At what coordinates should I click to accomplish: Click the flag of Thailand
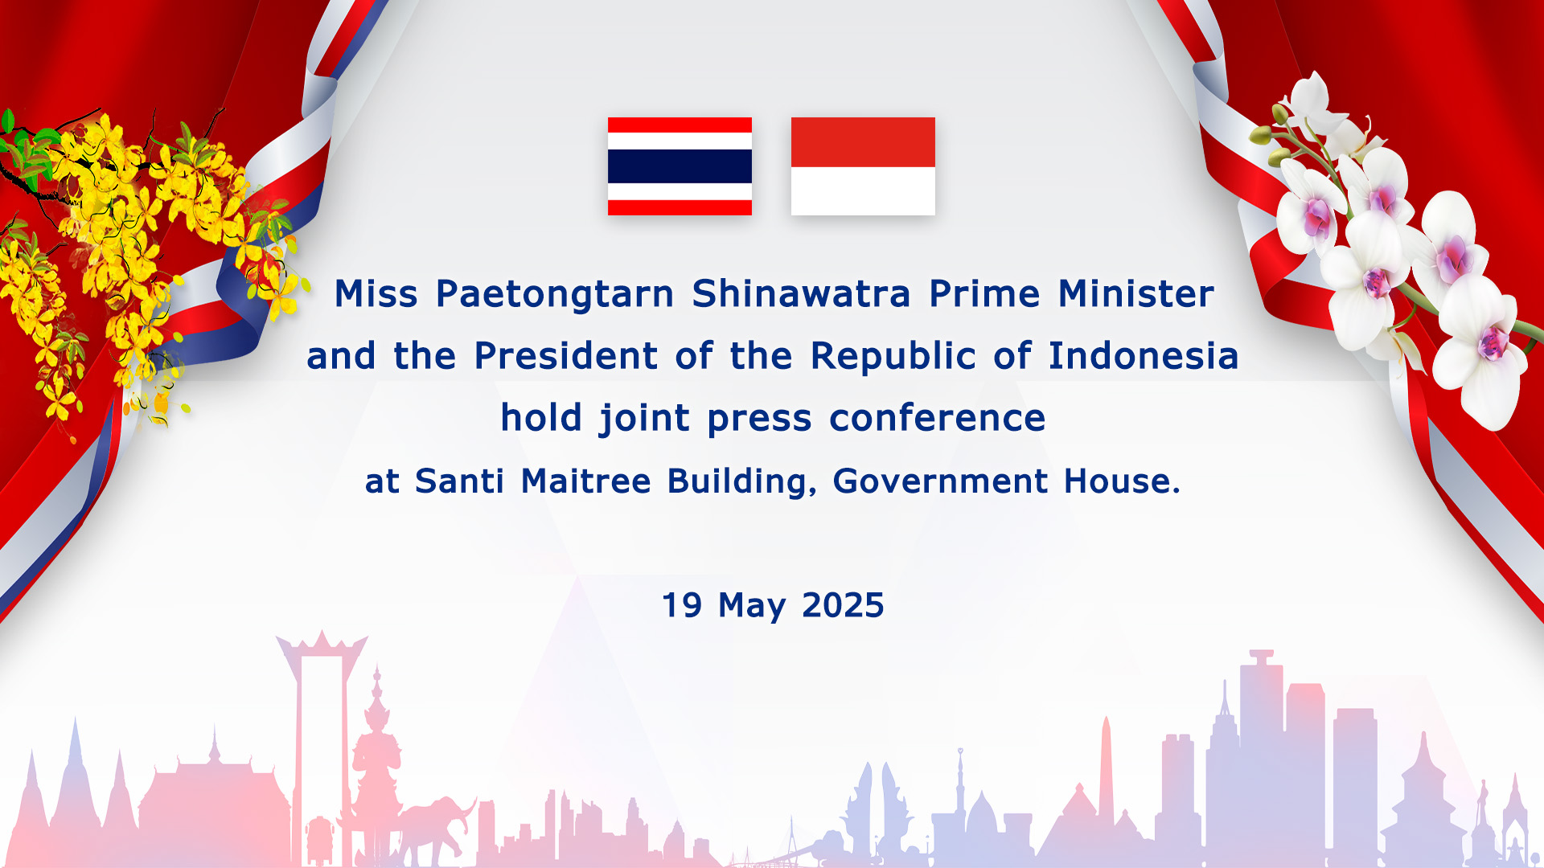click(680, 166)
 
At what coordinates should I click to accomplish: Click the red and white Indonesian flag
click(863, 166)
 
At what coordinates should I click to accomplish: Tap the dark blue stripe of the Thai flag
click(680, 166)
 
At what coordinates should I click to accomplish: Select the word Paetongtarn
click(555, 295)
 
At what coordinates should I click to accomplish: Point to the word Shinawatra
click(801, 293)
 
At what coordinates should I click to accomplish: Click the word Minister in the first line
click(1135, 293)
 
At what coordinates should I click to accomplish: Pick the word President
click(566, 355)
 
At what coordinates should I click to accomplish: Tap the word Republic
click(893, 357)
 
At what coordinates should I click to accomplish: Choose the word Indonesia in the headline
click(1143, 355)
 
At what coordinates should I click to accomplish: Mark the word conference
click(937, 418)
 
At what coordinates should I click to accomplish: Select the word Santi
click(459, 481)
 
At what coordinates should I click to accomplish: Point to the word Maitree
click(585, 481)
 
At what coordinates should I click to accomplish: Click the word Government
click(940, 481)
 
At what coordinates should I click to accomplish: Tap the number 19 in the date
click(682, 605)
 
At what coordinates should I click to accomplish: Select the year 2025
click(843, 605)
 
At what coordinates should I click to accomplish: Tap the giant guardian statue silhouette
click(376, 764)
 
